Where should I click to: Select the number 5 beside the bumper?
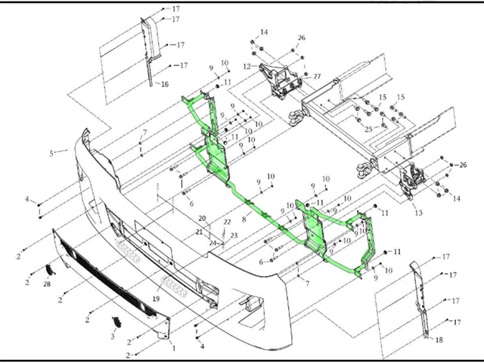(52, 153)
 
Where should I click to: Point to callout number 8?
(244, 218)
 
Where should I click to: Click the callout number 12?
(246, 67)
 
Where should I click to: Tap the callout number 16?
(164, 84)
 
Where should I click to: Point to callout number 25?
(368, 129)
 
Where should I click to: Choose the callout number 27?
(318, 76)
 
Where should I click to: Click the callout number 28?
(46, 284)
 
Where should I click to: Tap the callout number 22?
(227, 222)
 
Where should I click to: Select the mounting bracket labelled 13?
(411, 182)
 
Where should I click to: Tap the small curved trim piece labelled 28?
(51, 269)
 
